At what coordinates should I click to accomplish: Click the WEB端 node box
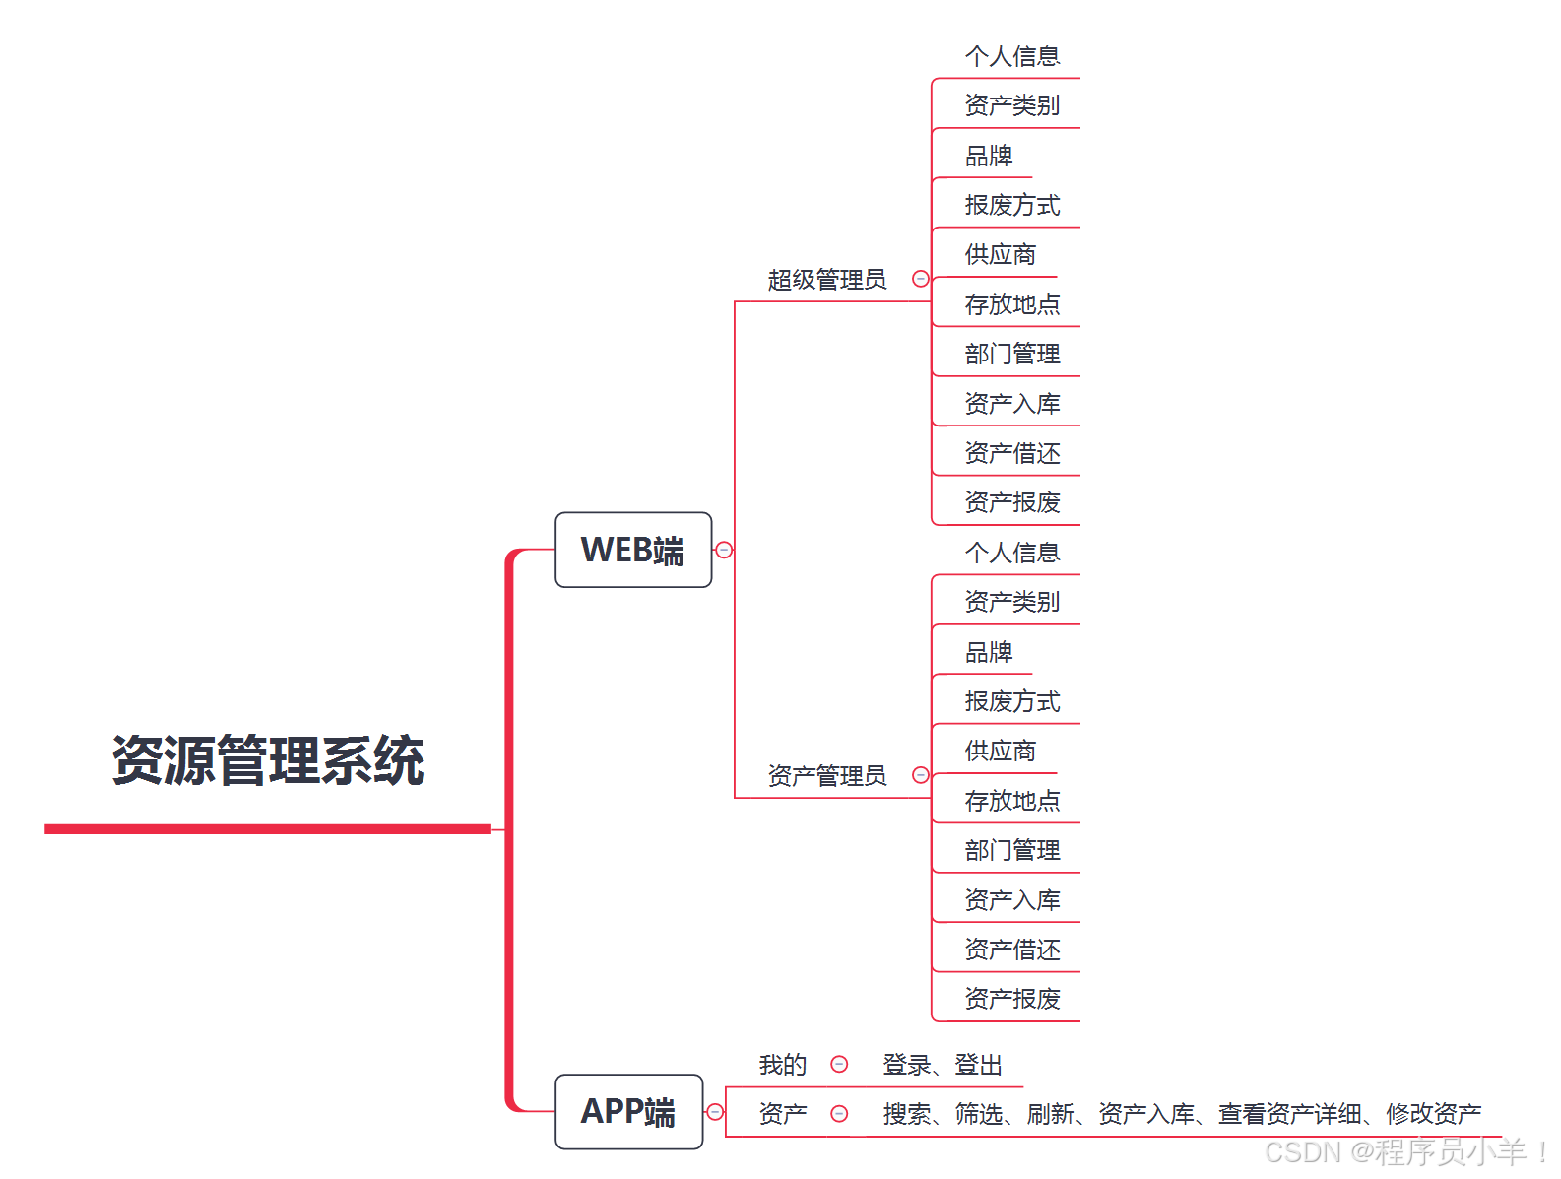(632, 550)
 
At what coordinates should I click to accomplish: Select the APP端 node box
(628, 1111)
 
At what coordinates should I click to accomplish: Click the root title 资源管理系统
(268, 760)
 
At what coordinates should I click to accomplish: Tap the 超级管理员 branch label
(826, 280)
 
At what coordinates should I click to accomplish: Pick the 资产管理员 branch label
(826, 776)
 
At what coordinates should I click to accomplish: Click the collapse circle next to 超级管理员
(920, 279)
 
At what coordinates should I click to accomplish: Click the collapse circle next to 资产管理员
(920, 775)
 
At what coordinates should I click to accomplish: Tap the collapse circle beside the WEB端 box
(724, 550)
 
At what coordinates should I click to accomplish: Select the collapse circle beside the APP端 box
(715, 1112)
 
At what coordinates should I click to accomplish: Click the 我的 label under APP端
(782, 1065)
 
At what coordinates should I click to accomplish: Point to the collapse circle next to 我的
(839, 1064)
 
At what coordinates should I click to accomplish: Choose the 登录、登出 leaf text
(942, 1065)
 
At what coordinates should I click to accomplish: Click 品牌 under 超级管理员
(989, 156)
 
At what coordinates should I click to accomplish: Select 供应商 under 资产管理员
(1000, 751)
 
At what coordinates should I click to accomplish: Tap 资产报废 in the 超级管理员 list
(1011, 502)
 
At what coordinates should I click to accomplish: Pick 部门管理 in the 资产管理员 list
(1011, 850)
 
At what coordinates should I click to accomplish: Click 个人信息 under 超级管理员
(1011, 56)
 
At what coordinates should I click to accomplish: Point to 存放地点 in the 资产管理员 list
(1011, 801)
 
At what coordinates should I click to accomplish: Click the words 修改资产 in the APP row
(1433, 1114)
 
